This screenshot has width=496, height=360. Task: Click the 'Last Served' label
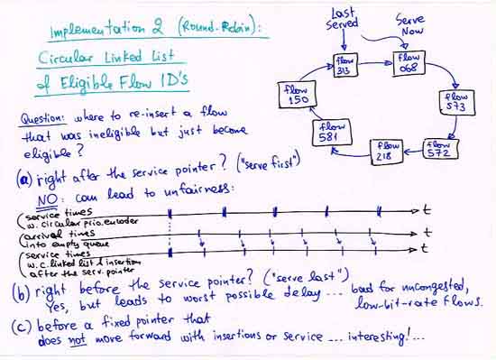click(343, 18)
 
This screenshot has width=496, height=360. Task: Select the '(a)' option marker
click(24, 179)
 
